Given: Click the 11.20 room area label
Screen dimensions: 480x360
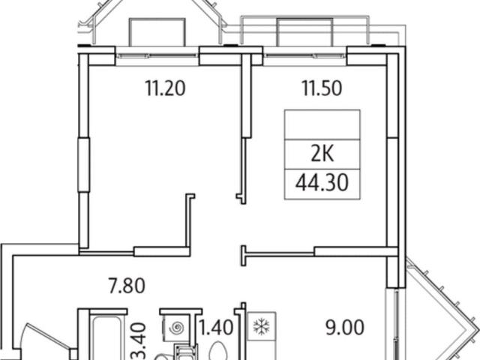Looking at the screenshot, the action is click(165, 88).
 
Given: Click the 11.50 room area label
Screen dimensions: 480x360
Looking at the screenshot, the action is click(322, 88).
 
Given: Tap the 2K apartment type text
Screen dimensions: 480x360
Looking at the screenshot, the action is click(322, 154).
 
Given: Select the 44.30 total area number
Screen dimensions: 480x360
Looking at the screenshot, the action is click(322, 183).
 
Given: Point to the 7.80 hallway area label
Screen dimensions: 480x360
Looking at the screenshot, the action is click(127, 286).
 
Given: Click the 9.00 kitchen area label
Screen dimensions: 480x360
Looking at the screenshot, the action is click(345, 327).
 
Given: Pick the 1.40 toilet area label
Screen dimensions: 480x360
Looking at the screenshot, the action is click(216, 327).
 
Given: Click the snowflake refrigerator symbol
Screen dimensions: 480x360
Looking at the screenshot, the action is click(262, 326).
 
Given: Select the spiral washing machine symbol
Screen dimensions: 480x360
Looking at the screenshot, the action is click(177, 328).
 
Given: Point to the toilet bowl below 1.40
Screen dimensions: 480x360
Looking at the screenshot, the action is click(218, 351).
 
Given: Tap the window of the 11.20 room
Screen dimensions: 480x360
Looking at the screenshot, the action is click(157, 56).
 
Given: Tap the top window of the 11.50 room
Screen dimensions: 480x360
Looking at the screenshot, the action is click(304, 56).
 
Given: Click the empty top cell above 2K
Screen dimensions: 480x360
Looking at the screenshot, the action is click(322, 124).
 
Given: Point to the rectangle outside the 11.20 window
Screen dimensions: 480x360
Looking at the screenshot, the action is click(157, 32).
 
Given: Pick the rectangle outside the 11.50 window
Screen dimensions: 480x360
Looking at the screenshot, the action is click(305, 32).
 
